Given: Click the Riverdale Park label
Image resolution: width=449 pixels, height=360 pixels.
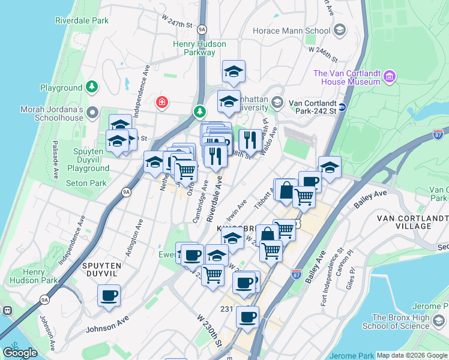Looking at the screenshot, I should point(82,20).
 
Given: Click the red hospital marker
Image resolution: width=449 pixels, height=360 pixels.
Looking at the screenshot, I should point(161,103).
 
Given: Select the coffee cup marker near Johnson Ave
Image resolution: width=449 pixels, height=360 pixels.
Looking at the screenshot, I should point(109,296).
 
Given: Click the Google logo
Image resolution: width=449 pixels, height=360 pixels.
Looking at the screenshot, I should point(20,353).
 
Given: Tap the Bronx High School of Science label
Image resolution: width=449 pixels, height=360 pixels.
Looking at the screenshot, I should point(400,322).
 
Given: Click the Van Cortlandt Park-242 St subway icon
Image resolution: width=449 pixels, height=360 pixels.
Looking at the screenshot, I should point(342,107).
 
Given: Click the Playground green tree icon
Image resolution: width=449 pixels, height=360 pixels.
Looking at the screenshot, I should point(92,88).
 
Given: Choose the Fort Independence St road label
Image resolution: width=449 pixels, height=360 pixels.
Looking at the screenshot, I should point(331,277).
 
